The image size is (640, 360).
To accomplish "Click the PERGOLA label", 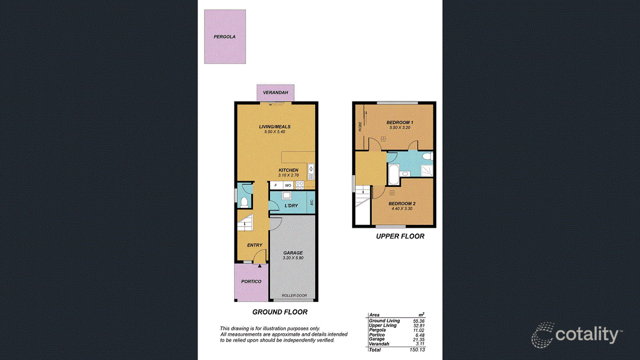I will (x=224, y=37).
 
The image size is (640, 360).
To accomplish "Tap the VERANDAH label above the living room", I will (x=275, y=92).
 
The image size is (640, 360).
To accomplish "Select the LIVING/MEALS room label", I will (x=274, y=127).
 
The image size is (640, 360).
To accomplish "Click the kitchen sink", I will (x=310, y=171).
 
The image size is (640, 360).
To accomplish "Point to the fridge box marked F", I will (x=275, y=185).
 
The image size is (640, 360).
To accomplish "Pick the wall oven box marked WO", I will (x=288, y=185).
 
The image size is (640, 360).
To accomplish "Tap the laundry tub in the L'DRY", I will (x=287, y=196).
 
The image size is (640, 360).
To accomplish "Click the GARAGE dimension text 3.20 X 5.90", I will (x=292, y=259).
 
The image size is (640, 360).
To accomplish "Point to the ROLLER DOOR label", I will (x=294, y=295).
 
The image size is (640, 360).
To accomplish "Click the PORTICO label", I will (x=251, y=281).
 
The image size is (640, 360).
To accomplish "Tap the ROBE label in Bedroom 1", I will (x=360, y=126).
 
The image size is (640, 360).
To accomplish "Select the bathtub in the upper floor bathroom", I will (x=392, y=174).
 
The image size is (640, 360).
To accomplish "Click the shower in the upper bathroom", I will (x=426, y=171).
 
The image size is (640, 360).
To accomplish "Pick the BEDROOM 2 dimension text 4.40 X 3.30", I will (x=401, y=209).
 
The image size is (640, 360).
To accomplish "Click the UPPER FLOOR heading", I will (x=400, y=236).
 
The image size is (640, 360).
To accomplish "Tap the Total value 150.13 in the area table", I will (x=416, y=350).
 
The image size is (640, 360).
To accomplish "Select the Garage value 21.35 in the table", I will (x=418, y=339).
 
